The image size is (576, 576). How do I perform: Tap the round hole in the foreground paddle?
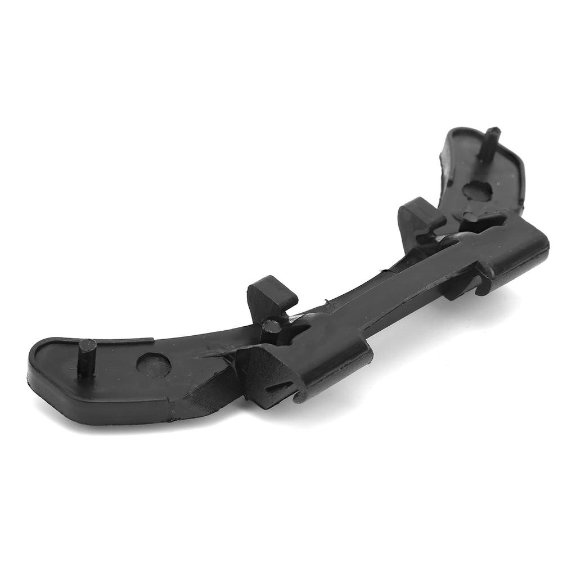point(154,365)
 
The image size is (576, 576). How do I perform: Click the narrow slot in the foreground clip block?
point(280,388)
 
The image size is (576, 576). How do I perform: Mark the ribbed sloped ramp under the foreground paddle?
point(208,388)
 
